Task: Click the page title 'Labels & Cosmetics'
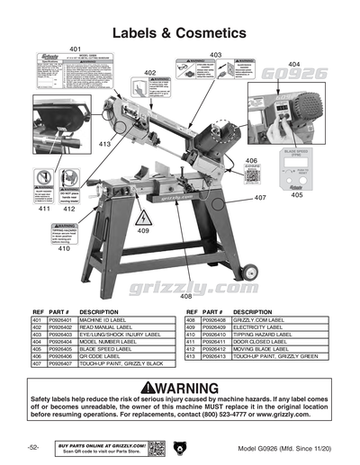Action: click(180, 31)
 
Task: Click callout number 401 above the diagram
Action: click(75, 49)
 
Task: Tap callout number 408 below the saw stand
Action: click(185, 295)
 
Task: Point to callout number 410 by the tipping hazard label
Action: click(64, 249)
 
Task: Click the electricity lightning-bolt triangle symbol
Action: click(142, 219)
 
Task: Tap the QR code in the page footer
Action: click(155, 447)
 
